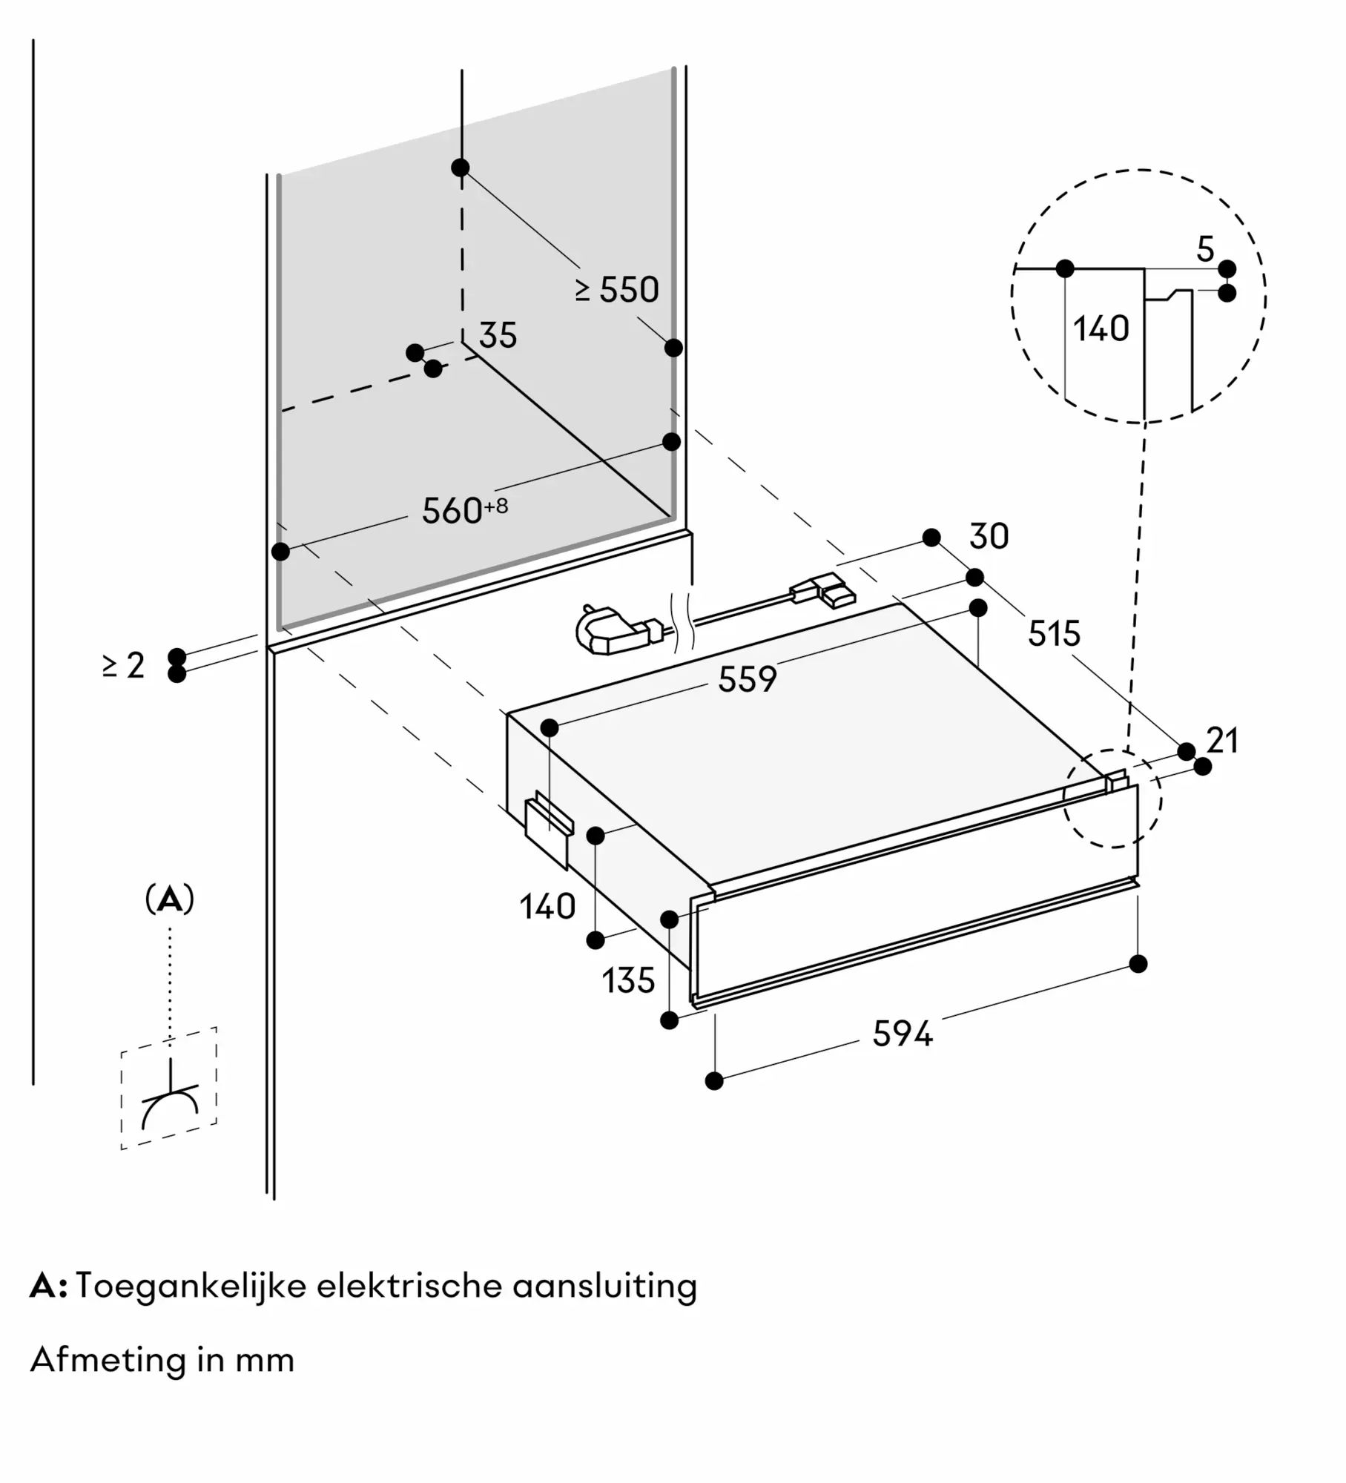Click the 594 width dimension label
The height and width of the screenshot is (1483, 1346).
pos(902,1033)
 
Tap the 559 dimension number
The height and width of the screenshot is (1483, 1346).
pos(747,678)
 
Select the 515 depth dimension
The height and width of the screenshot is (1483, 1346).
pos(1054,633)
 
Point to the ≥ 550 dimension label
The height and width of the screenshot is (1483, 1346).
pos(617,289)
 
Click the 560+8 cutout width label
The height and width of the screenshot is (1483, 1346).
pos(465,510)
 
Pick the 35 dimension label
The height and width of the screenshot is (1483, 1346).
pos(498,335)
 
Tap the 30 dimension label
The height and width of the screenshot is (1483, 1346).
pos(989,536)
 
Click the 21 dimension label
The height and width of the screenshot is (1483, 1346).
pos(1222,740)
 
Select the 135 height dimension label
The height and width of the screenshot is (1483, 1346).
pos(628,980)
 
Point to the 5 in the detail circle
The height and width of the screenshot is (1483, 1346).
pos(1205,249)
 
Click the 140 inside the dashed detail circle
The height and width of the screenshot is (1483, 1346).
pos(1101,328)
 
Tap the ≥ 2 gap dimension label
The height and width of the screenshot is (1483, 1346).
pos(124,665)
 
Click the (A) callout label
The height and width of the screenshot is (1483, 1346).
pos(170,899)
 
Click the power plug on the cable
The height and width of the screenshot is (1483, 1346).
pos(616,630)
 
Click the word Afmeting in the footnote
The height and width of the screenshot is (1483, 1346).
pos(108,1359)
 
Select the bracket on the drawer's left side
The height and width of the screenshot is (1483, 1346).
pos(548,828)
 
